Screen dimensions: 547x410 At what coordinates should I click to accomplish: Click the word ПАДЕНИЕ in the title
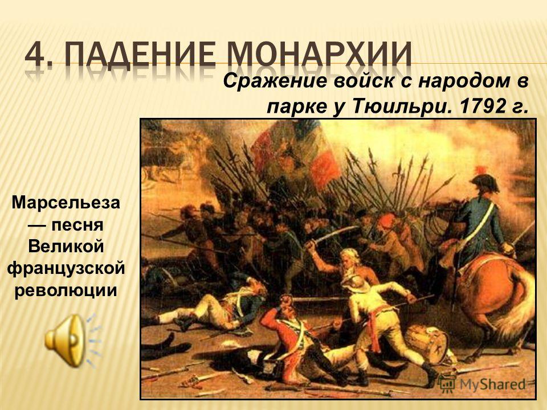click(141, 55)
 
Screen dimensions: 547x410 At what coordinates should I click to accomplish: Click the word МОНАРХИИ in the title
click(320, 55)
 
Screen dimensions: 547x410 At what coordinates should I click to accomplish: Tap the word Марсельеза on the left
click(66, 203)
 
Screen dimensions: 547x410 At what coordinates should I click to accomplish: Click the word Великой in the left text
click(66, 247)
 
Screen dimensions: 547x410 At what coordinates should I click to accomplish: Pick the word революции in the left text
click(66, 291)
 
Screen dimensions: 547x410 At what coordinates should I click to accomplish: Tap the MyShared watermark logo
click(481, 384)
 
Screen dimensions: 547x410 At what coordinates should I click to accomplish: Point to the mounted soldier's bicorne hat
click(485, 182)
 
